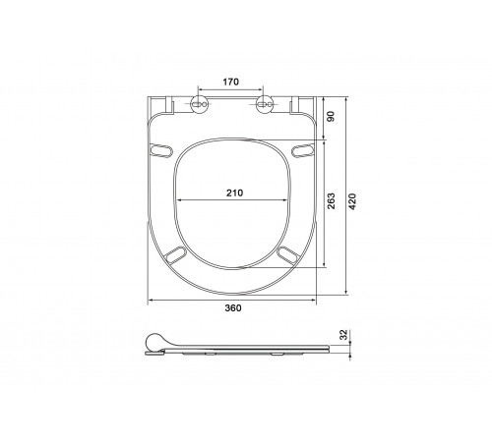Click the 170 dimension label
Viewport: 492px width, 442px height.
[x=231, y=82]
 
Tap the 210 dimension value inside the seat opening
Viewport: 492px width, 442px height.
[x=235, y=193]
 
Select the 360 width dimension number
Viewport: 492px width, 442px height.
[x=233, y=308]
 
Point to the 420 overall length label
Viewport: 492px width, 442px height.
[x=352, y=201]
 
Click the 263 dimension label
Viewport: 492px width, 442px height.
[x=332, y=201]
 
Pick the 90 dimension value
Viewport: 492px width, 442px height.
[x=332, y=117]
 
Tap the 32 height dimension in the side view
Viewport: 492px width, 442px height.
[x=343, y=335]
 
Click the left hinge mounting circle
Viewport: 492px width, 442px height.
[x=199, y=104]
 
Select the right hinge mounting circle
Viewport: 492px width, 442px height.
[x=264, y=104]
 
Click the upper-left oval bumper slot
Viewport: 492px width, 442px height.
[x=160, y=150]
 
